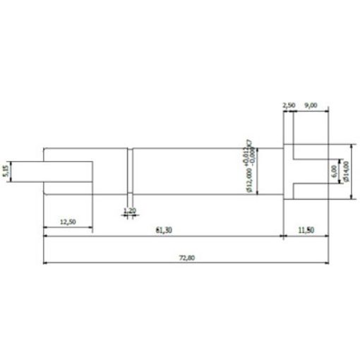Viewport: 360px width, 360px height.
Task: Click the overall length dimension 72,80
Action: [x=186, y=258]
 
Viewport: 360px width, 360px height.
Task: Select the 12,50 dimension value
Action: [x=68, y=222]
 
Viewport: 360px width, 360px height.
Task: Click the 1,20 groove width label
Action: [x=129, y=210]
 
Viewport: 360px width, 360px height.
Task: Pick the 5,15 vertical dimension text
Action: [x=6, y=171]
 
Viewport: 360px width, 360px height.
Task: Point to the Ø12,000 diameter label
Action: [x=249, y=180]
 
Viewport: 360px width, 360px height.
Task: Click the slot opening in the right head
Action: [x=311, y=171]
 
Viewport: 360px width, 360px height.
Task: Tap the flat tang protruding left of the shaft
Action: [x=49, y=171]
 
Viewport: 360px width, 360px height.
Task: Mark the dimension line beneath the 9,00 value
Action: [x=311, y=111]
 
